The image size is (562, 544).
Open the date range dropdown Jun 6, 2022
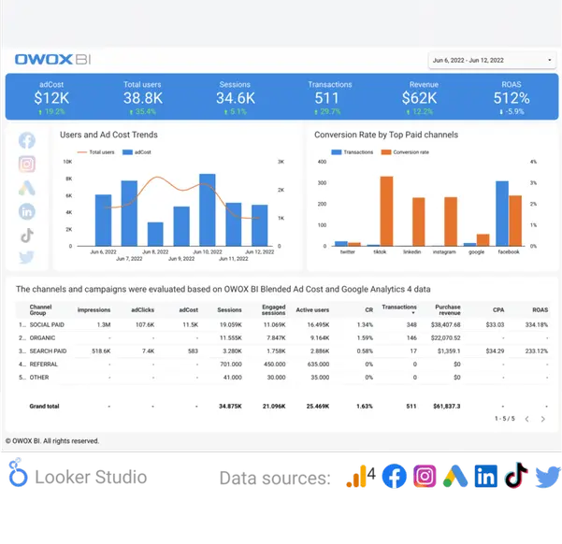click(491, 60)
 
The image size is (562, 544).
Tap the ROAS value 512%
click(512, 97)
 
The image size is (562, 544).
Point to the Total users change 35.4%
click(143, 111)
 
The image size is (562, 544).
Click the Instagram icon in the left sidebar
click(26, 165)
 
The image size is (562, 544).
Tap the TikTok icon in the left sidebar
click(26, 234)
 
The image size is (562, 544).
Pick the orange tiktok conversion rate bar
click(386, 211)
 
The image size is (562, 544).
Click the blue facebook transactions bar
click(501, 213)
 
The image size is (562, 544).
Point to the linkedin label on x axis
click(411, 252)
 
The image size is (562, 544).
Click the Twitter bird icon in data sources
click(547, 477)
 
